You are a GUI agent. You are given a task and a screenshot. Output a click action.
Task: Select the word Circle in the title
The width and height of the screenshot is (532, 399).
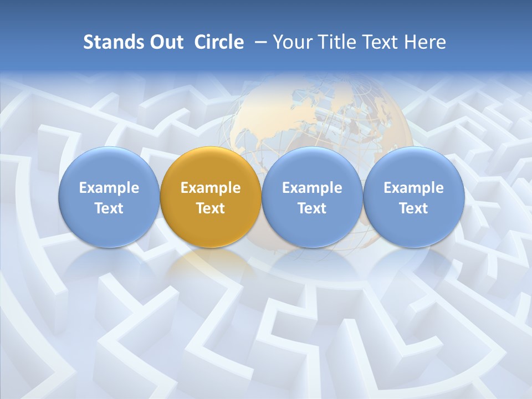pos(219,42)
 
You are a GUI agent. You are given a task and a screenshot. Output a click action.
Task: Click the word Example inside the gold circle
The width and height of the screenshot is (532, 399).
pos(211,188)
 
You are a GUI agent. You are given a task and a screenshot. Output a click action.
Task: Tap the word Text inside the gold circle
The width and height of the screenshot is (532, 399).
pos(211,208)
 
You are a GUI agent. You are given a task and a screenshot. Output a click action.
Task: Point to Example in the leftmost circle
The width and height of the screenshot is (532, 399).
pos(109,188)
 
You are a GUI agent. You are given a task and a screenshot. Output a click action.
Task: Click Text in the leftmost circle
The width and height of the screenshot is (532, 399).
pos(109,208)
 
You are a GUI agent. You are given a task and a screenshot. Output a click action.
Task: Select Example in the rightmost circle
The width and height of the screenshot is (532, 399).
pos(413,188)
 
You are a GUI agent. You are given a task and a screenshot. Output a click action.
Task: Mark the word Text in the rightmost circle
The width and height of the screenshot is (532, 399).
pos(413,208)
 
